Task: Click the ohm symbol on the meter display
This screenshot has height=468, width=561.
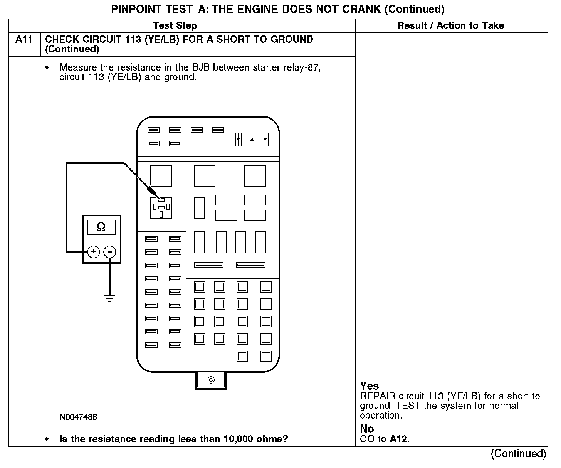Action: [x=101, y=227]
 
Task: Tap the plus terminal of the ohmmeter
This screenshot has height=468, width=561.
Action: [x=94, y=252]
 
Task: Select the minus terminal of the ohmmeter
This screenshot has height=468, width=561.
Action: [x=110, y=252]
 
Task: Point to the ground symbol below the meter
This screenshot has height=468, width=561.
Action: [x=110, y=298]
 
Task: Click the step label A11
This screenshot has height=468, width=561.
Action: [x=24, y=40]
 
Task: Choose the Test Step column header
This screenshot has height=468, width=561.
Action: [x=175, y=26]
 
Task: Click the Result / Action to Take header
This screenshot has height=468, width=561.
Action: [x=450, y=26]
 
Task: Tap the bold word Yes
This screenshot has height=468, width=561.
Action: [x=369, y=386]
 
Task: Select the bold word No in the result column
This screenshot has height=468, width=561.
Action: [x=367, y=429]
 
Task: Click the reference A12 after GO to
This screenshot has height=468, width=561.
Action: [x=398, y=439]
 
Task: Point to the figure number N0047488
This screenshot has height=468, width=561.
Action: [x=78, y=417]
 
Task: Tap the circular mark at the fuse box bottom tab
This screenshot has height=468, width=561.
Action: [x=211, y=380]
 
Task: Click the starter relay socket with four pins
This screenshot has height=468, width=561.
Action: [x=161, y=208]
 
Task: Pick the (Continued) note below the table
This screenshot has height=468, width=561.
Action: [x=518, y=454]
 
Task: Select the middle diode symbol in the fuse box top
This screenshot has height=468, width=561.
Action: [x=252, y=140]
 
